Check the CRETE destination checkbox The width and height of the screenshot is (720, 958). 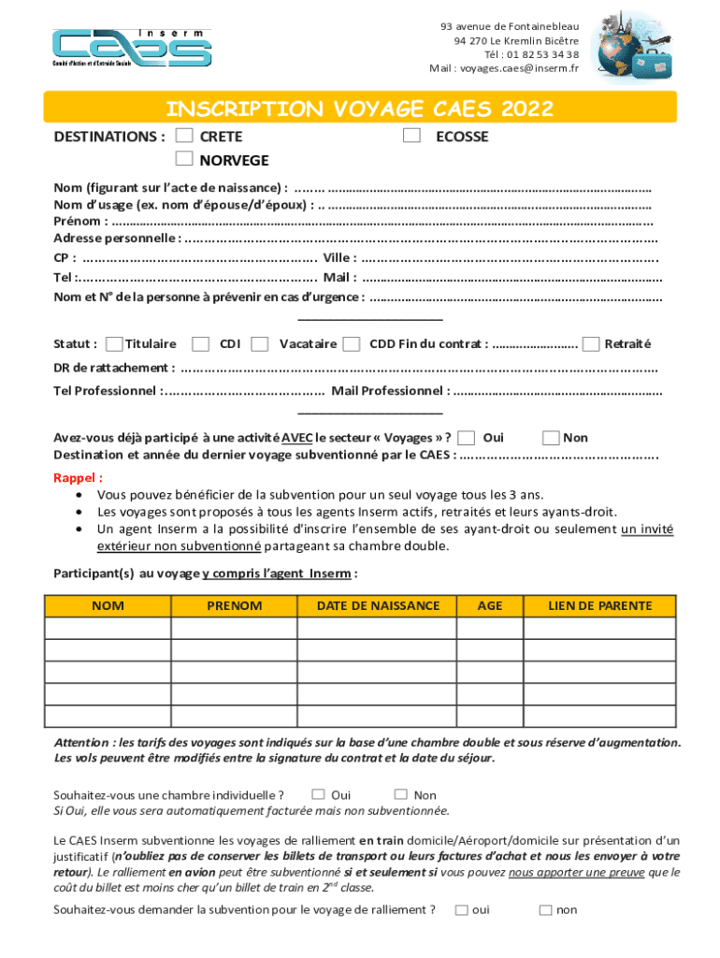[x=185, y=137]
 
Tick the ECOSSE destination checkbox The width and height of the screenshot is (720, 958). [x=411, y=137]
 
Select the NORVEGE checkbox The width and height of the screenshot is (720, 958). [x=185, y=159]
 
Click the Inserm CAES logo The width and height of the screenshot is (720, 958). [x=131, y=48]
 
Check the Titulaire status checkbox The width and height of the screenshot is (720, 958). [x=114, y=344]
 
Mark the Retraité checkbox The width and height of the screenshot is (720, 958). [x=591, y=344]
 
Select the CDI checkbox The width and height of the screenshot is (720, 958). [x=200, y=344]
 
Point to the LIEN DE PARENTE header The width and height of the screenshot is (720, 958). [x=599, y=606]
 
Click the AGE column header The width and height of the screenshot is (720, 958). [x=490, y=606]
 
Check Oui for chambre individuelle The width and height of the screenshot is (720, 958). [x=318, y=794]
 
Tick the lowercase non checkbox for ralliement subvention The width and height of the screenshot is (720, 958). [x=544, y=910]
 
